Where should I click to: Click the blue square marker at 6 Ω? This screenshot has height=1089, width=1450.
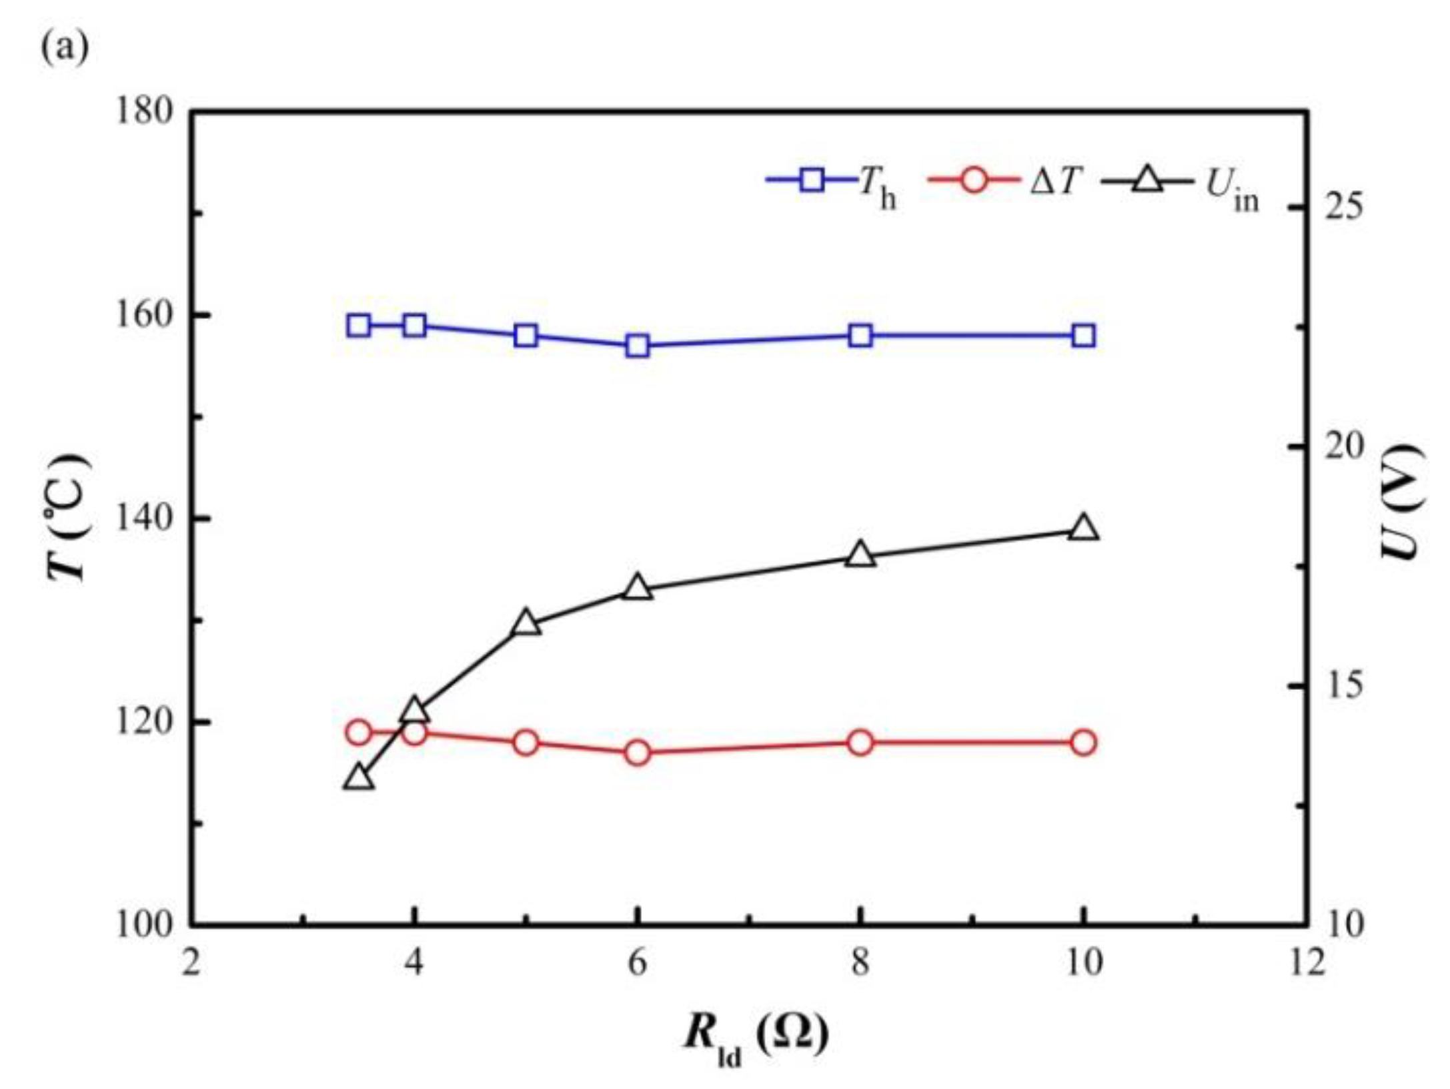coord(638,346)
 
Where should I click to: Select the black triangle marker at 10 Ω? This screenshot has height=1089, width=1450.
coord(1083,527)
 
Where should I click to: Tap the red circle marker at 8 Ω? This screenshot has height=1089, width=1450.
coord(860,742)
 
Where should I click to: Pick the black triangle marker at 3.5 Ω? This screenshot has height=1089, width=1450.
coord(359,777)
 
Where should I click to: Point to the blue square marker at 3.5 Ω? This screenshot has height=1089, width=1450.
coord(359,325)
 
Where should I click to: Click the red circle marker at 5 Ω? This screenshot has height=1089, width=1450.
coord(526,742)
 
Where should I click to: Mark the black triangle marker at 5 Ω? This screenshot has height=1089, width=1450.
coord(526,623)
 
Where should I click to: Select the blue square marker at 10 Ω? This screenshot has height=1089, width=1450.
coord(1083,335)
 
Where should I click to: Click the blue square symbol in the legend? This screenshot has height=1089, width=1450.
coord(812,179)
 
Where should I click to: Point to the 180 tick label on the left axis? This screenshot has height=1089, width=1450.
coord(144,111)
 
